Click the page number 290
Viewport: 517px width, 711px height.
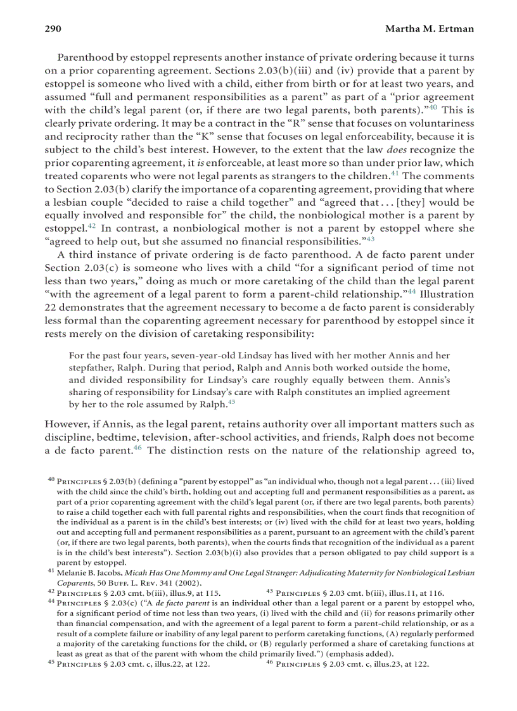point(52,29)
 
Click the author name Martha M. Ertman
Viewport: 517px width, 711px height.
point(430,29)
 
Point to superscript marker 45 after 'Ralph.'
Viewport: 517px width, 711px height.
point(231,401)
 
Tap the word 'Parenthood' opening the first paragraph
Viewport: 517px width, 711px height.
point(86,57)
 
